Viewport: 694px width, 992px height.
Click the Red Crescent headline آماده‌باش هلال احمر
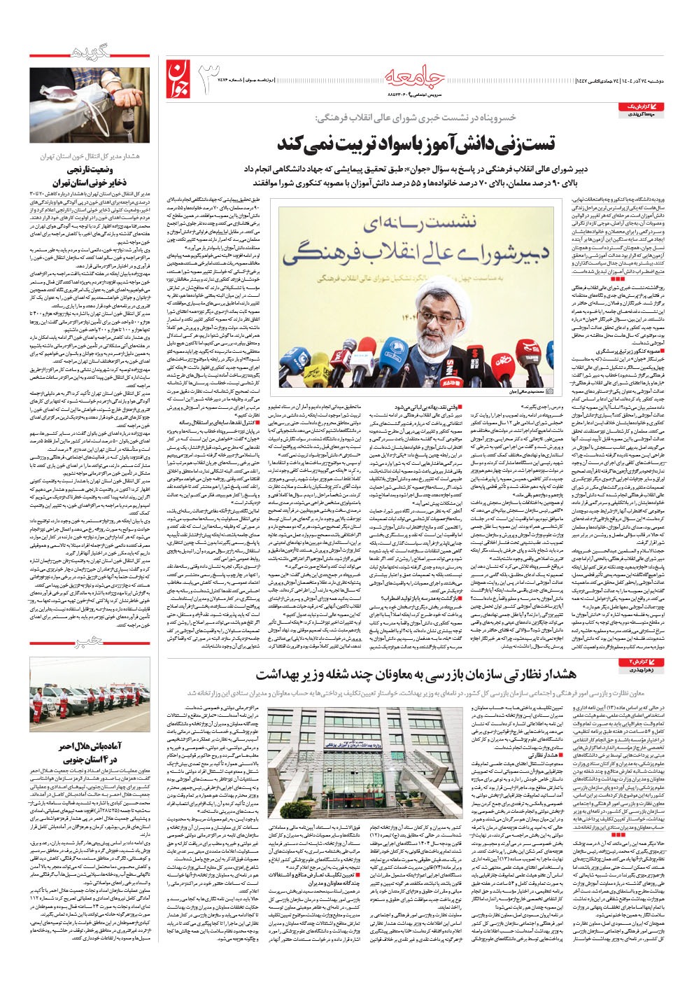click(91, 748)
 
